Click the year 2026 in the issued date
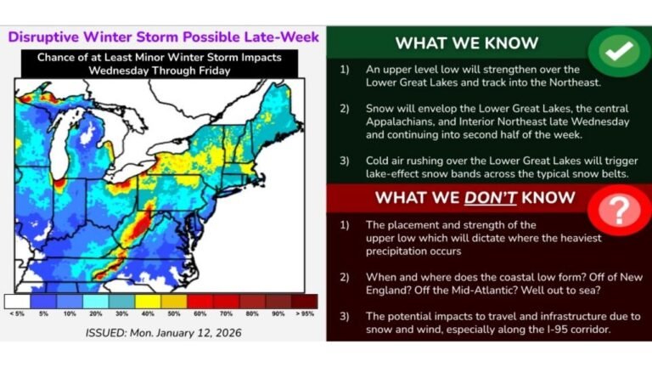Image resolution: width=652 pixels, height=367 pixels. [224, 332]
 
